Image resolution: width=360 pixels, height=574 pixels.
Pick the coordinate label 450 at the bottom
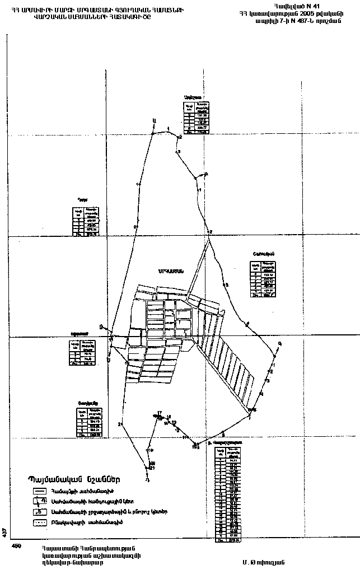click(x=16, y=547)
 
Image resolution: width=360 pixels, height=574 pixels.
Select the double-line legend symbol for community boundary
click(x=40, y=492)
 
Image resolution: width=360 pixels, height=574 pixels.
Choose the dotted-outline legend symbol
click(x=40, y=522)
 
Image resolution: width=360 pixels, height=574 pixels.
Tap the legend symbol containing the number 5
click(x=40, y=511)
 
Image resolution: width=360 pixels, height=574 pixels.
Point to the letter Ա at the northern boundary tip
click(x=155, y=122)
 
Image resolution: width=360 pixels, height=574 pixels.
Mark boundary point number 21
click(x=152, y=468)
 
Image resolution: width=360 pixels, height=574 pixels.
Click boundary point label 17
click(x=159, y=413)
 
